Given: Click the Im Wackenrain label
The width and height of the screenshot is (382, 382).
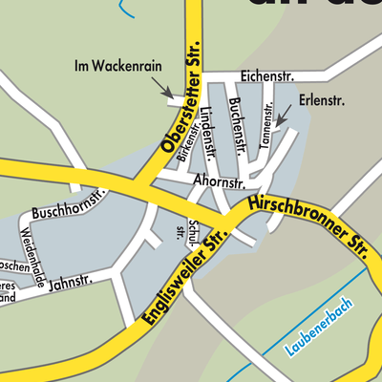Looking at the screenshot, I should [x=118, y=66].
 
